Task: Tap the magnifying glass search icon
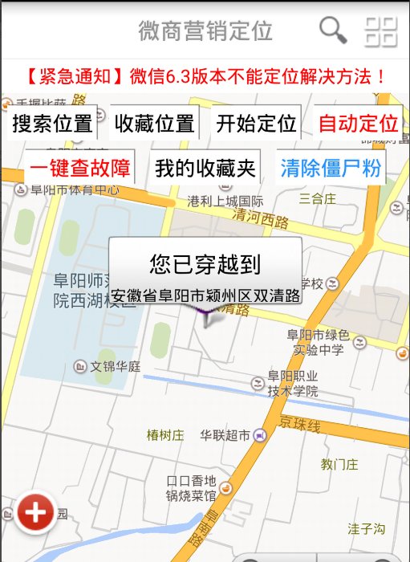pos(333,31)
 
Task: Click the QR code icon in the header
pos(381,31)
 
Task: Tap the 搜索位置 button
pos(52,124)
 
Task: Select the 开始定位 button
pos(256,124)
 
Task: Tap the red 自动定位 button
pos(358,124)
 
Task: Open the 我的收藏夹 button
pos(205,168)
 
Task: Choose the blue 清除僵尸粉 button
pos(331,168)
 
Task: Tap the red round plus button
pos(35,512)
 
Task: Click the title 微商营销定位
pos(205,31)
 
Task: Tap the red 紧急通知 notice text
pos(205,77)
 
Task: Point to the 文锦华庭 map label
pos(116,366)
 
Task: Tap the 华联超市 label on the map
pos(225,435)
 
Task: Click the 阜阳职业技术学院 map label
pos(293,384)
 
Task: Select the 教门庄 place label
pos(339,464)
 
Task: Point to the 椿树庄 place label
pos(165,435)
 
